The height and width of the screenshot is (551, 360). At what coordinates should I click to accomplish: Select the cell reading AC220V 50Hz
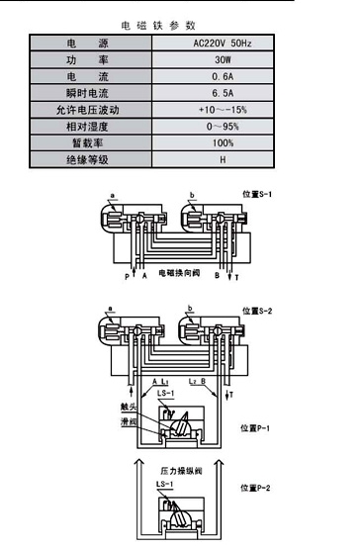[224, 45]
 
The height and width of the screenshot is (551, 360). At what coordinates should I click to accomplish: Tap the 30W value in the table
[224, 60]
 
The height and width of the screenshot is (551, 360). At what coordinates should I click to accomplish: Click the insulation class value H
[224, 158]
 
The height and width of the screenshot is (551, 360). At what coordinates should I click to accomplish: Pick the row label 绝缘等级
[90, 158]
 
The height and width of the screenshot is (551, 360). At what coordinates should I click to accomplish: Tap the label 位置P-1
[254, 428]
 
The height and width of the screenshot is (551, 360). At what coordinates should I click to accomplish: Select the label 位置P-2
[254, 488]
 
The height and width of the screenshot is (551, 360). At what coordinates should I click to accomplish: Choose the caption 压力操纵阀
[179, 472]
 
